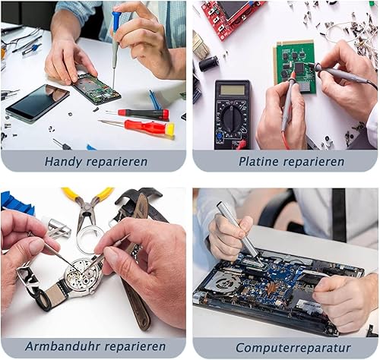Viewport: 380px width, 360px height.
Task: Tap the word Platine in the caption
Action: point(258,162)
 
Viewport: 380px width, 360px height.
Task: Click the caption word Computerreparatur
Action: point(293,348)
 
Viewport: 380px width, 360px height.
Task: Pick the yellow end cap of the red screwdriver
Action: point(170,129)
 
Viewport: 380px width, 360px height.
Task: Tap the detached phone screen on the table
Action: point(37,103)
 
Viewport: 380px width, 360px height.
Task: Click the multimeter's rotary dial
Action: point(231,118)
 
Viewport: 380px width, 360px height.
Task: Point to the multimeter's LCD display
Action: point(232,90)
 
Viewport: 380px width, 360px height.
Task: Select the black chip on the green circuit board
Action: point(299,68)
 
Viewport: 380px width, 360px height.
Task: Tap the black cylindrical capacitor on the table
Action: point(209,64)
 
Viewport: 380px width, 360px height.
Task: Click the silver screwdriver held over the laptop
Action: point(240,233)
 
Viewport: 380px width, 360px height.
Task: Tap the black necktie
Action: point(339,215)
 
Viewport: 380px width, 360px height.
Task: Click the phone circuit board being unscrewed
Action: point(97,89)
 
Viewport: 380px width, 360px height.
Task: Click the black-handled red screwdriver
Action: point(138,114)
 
